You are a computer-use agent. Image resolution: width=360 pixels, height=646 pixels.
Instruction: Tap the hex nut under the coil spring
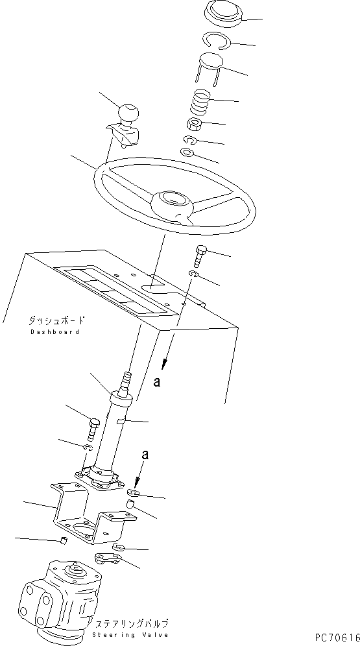[x=193, y=124]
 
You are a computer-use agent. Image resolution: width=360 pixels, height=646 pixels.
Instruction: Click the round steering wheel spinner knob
[x=128, y=113]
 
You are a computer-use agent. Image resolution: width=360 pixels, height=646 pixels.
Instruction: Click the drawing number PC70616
[x=337, y=638]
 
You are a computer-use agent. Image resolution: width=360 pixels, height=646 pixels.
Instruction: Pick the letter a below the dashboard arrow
[x=156, y=382]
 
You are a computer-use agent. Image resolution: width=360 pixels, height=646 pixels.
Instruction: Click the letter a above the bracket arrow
[x=145, y=455]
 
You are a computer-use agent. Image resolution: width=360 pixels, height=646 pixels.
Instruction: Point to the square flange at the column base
[x=100, y=479]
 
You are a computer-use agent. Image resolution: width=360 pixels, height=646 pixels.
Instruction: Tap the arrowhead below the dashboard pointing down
[x=166, y=363]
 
